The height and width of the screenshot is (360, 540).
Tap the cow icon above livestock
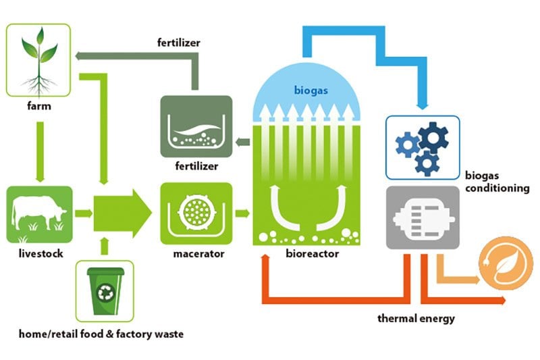tap(38, 214)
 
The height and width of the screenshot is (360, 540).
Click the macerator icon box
tap(196, 213)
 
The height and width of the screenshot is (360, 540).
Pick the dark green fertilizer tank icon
tap(196, 126)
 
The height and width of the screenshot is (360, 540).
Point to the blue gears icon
tap(422, 146)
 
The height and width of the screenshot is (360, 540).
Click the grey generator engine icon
tap(422, 217)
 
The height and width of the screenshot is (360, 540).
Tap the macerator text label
tap(195, 255)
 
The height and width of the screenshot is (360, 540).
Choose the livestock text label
tap(38, 255)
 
